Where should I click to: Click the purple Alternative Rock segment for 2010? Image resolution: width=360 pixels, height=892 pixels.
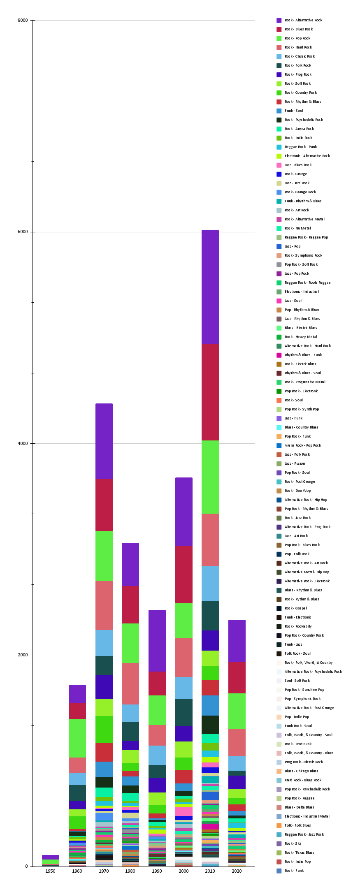(x=210, y=287)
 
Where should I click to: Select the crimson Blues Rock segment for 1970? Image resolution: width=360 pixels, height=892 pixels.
(x=104, y=505)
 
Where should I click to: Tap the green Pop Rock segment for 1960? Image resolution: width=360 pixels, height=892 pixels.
(x=77, y=738)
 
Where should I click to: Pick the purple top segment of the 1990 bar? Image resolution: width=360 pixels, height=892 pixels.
(x=157, y=641)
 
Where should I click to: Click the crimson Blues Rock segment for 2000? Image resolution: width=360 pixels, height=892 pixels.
(x=183, y=575)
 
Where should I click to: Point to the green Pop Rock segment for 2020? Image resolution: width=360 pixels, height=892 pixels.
(x=237, y=711)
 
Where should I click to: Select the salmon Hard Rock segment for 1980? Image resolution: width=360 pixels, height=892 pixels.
(x=130, y=683)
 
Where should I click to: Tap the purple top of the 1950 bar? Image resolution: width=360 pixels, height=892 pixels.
(x=50, y=857)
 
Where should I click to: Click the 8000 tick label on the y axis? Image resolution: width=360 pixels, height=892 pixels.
(x=23, y=21)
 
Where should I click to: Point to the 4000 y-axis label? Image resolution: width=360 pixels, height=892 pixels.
(x=23, y=443)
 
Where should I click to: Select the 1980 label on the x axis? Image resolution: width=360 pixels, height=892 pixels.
(x=130, y=871)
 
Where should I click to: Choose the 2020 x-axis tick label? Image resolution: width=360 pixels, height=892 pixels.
(x=237, y=871)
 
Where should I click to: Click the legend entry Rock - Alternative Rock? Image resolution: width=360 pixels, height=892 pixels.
(x=303, y=20)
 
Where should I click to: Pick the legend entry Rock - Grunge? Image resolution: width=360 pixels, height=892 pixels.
(x=296, y=174)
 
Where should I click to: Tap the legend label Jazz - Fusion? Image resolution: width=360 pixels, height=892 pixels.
(x=295, y=463)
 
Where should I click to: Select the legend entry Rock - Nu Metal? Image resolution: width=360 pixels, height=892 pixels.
(x=297, y=228)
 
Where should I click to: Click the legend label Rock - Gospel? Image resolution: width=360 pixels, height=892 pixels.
(x=295, y=608)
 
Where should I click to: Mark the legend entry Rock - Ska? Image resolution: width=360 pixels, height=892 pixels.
(x=293, y=843)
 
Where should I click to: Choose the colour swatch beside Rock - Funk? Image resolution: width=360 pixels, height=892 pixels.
(x=279, y=871)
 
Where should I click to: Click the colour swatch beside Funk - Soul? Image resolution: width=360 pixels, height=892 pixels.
(x=279, y=111)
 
